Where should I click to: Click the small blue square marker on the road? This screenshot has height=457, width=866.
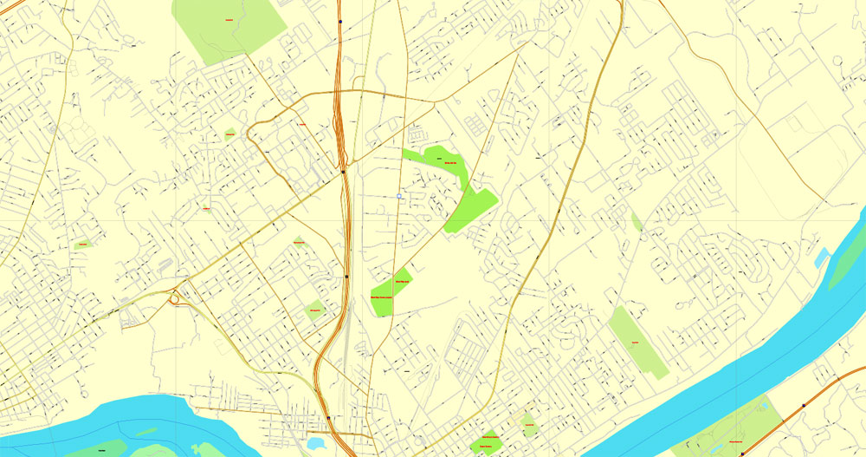point(398,196)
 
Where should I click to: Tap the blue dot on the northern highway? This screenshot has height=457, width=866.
point(341,22)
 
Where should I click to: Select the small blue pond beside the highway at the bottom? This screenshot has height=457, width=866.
point(316,444)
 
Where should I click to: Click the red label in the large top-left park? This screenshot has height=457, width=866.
point(229,19)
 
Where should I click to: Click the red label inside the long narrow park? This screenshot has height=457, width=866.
point(635,343)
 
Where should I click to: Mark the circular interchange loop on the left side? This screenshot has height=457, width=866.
point(178,297)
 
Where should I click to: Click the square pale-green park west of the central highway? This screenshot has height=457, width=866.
point(314,310)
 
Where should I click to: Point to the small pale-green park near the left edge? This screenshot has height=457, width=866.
point(83,245)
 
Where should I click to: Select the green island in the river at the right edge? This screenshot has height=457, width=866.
point(844,260)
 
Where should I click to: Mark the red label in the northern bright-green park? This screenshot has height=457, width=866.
point(449,162)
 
